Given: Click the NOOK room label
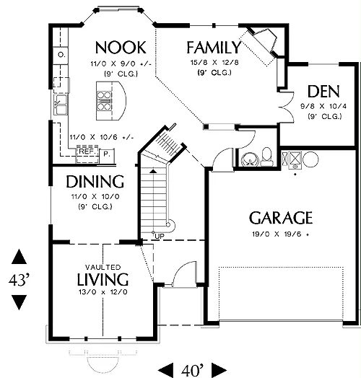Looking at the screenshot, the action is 121,48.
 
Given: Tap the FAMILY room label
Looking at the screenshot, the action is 214,48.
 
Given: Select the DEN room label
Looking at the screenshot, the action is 323,92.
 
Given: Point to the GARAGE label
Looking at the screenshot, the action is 281,218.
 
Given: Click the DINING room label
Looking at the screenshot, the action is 95,182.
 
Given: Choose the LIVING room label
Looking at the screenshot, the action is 103,279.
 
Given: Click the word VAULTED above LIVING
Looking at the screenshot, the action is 103,267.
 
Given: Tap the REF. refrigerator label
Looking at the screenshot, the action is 87,151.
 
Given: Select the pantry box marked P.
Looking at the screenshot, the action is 107,154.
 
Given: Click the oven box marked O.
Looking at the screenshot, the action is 61,56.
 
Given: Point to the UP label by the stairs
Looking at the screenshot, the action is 160,237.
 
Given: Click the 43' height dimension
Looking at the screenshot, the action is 19,280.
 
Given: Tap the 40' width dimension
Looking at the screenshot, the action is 192,370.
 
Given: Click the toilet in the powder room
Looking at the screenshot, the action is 266,157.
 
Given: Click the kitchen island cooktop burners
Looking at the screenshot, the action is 104,101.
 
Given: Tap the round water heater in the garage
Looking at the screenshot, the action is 310,159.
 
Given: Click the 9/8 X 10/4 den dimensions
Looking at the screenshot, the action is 323,106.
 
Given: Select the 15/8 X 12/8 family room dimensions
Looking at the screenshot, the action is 214,63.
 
